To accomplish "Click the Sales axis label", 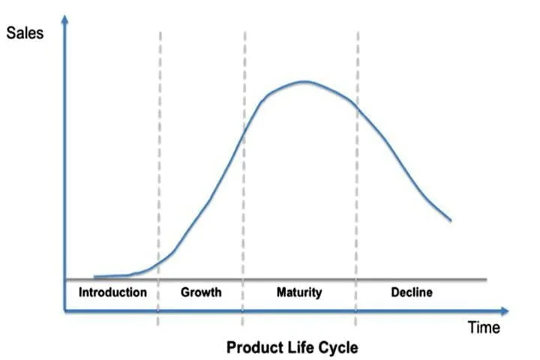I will tap(24, 33).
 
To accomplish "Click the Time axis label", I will tap(483, 327).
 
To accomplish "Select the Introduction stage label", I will tap(112, 292).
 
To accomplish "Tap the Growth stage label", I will tap(201, 292).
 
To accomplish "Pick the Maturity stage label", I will tap(298, 292).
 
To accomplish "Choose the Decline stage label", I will tap(412, 292).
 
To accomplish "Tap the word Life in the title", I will tap(300, 348).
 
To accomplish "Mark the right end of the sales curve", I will tap(451, 220).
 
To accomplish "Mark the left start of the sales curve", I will tap(94, 277).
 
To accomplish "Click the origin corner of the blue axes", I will tap(66, 310).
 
